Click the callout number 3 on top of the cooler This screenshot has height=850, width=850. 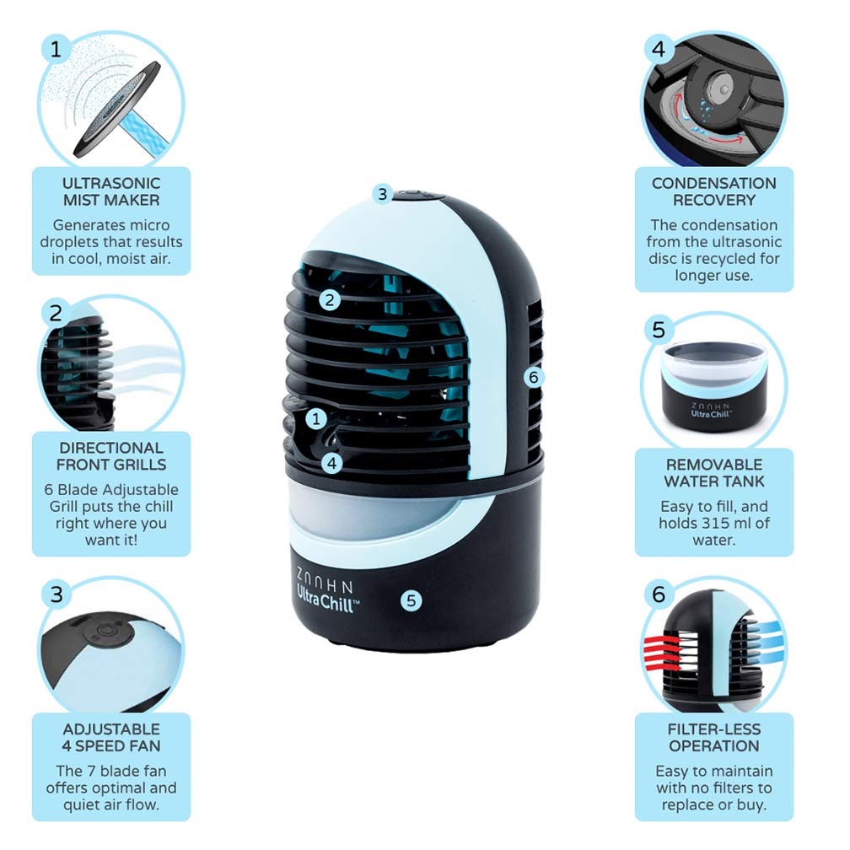382,194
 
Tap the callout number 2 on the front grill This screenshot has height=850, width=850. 330,299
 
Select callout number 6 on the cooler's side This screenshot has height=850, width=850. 531,377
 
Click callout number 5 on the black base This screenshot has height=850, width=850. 411,600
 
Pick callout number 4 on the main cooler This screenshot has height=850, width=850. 332,462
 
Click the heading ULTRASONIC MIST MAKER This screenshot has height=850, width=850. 111,191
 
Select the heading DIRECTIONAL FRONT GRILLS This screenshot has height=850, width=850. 111,455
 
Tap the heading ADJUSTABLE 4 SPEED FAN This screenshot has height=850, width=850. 111,737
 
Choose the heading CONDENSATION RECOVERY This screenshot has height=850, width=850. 713,191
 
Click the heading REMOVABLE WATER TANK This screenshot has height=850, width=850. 713,472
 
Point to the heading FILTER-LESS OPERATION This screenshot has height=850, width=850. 713,737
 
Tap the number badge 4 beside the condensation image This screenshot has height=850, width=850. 659,50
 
